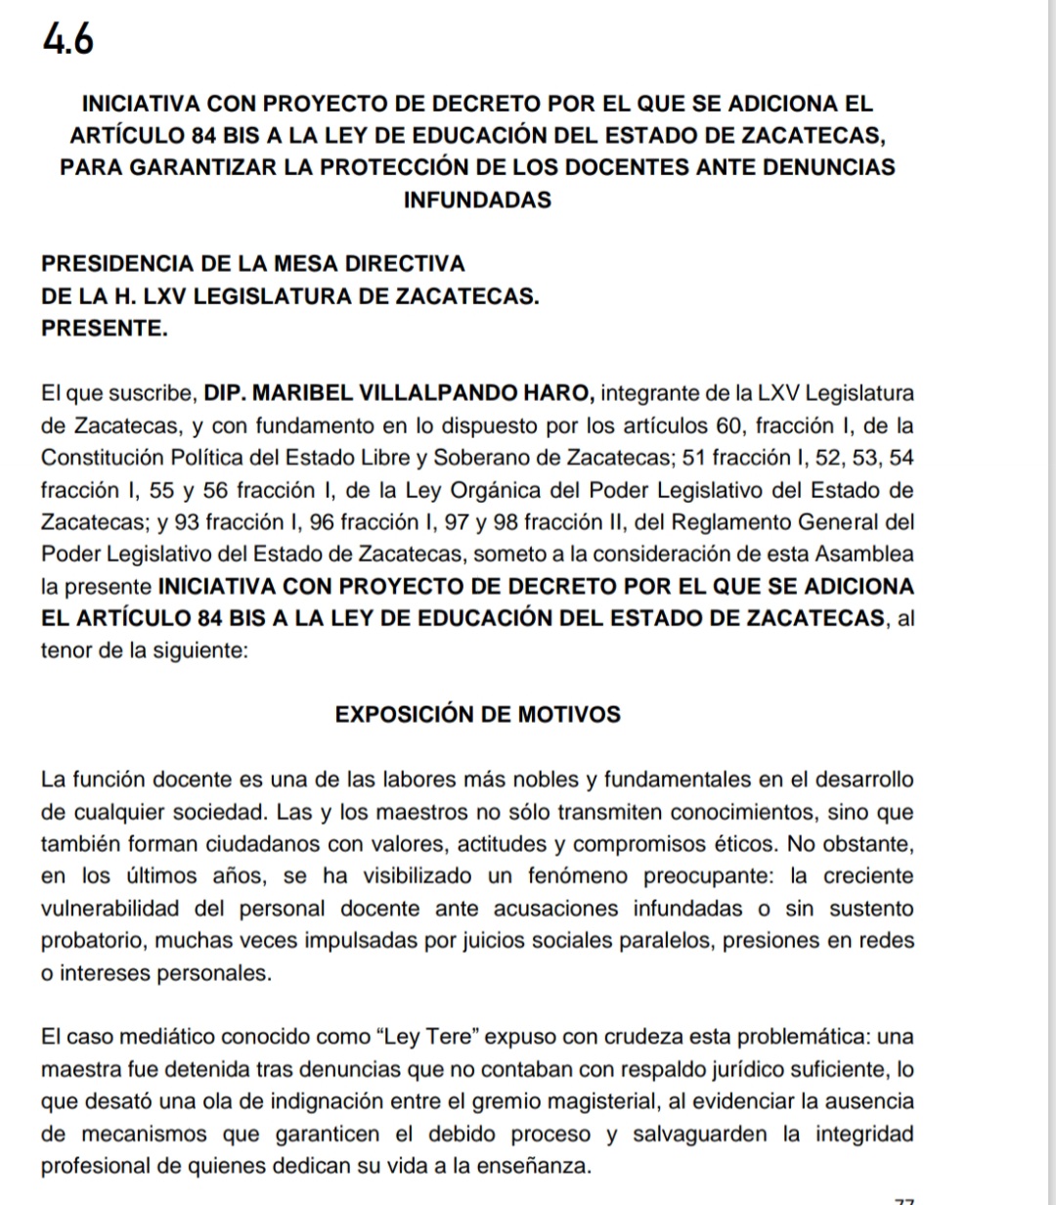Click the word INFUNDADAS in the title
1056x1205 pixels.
coord(477,201)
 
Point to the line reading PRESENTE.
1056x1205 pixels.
coord(105,329)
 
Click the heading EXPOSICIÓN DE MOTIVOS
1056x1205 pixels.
coord(477,714)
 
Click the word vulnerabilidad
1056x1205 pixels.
coord(110,909)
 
